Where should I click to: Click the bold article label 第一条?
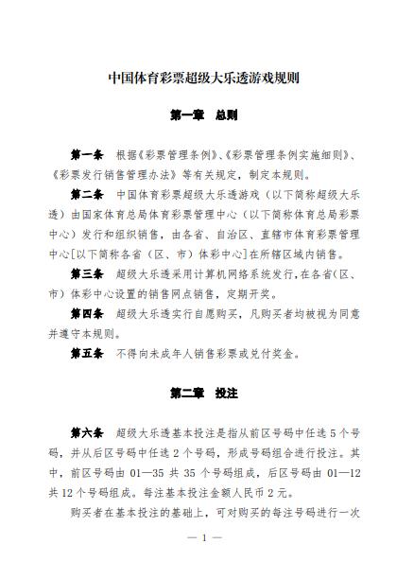(x=87, y=153)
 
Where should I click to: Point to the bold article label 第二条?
(x=87, y=194)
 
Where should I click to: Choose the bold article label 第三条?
(x=87, y=273)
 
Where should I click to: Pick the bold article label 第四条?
(x=87, y=313)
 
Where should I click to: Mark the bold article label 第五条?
(x=87, y=353)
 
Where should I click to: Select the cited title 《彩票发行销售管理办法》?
(x=107, y=174)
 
